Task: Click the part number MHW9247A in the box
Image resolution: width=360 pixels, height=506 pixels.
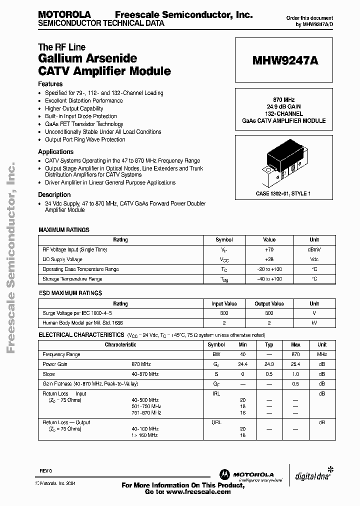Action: (284, 60)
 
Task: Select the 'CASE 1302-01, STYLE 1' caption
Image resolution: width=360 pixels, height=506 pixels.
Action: (283, 193)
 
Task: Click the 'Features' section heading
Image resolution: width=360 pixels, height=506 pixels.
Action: (50, 84)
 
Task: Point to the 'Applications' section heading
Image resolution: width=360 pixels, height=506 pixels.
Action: (56, 152)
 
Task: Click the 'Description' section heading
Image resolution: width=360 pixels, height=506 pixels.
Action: (54, 195)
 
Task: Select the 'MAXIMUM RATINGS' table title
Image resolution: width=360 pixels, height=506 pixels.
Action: (64, 230)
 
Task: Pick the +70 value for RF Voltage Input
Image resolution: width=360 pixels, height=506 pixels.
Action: (269, 249)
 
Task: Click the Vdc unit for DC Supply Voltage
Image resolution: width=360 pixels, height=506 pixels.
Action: (314, 259)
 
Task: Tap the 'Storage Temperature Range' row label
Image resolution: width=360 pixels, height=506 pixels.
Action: (72, 279)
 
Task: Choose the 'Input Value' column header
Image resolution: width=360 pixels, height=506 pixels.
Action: (224, 303)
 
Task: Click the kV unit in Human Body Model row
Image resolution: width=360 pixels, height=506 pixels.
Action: (314, 323)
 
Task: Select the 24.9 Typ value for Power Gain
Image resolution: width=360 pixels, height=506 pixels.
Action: (269, 364)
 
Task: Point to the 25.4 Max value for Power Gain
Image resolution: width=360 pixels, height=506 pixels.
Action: (295, 364)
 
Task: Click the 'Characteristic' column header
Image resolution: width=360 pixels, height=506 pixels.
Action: (120, 344)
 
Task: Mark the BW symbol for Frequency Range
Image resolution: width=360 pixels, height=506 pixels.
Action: (216, 354)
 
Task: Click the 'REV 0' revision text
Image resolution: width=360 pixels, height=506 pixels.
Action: (46, 471)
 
